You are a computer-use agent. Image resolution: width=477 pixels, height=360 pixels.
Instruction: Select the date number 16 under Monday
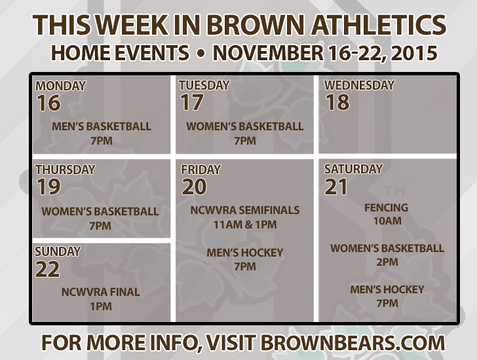coord(48,103)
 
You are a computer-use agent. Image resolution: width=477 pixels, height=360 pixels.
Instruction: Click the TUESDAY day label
coord(204,85)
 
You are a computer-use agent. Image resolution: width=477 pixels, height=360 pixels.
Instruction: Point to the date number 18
coord(337,103)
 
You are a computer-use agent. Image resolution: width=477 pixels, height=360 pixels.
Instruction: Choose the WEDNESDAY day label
coord(359,85)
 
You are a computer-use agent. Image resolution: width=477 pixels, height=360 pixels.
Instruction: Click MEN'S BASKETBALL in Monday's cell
coord(101,126)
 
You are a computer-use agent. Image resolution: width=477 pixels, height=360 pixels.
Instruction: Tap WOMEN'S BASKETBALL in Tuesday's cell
coord(244,126)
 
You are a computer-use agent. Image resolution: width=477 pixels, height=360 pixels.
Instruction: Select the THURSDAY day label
coord(65,170)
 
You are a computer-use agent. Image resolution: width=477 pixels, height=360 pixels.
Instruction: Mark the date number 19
coord(48,187)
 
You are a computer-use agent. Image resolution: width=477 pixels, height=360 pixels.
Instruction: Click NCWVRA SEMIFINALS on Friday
coord(244,210)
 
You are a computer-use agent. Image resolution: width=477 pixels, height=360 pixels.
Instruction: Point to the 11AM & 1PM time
coord(244,225)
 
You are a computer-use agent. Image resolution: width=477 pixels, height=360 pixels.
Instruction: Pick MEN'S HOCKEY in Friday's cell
coord(244,252)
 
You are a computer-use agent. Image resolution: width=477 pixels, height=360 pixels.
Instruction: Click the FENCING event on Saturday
coord(386,207)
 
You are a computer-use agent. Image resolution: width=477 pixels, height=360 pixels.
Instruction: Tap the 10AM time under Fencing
coord(387,221)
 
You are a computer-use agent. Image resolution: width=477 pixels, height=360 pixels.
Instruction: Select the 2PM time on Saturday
coord(387,262)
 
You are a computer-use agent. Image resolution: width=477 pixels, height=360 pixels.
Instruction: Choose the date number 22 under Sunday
coord(48,269)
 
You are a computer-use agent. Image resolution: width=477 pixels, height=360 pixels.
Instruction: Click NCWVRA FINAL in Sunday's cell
coord(100,292)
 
